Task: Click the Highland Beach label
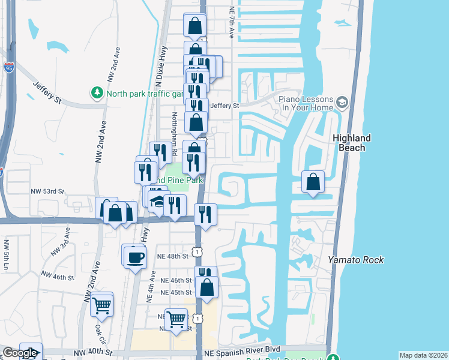click(x=352, y=143)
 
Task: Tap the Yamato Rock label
click(x=355, y=260)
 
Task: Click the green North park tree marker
click(x=97, y=93)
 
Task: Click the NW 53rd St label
click(x=47, y=191)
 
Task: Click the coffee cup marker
click(x=134, y=257)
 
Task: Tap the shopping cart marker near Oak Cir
click(x=102, y=305)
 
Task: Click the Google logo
click(x=20, y=353)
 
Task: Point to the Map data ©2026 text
click(x=423, y=355)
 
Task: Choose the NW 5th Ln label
click(x=7, y=254)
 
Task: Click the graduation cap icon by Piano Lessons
click(x=342, y=103)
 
